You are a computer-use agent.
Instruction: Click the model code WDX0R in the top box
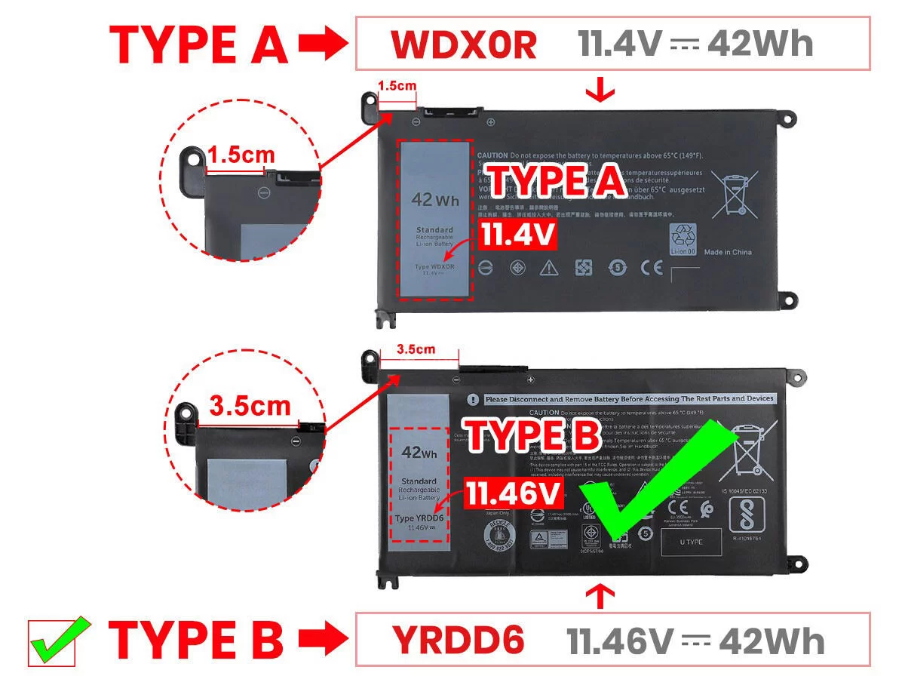click(x=463, y=45)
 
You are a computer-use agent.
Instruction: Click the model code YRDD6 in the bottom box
click(x=458, y=641)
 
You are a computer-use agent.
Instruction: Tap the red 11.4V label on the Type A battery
click(x=518, y=235)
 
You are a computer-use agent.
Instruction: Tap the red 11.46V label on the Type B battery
click(x=514, y=494)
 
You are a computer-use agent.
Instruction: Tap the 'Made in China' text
click(x=728, y=252)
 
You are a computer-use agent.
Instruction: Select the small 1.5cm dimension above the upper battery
click(x=397, y=86)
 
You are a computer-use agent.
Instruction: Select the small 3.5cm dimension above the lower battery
click(x=416, y=349)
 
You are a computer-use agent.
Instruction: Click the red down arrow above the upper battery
click(x=601, y=91)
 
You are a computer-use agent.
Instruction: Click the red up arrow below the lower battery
click(x=601, y=597)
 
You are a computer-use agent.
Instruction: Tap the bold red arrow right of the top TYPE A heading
click(x=321, y=45)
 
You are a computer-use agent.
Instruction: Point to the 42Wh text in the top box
click(x=761, y=45)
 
